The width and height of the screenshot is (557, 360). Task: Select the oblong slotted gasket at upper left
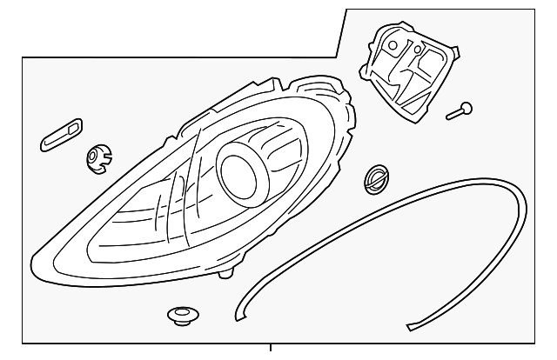pyautogui.click(x=60, y=136)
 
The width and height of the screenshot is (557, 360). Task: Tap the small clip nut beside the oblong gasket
pyautogui.click(x=97, y=157)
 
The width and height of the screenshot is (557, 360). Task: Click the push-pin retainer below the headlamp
pyautogui.click(x=180, y=314)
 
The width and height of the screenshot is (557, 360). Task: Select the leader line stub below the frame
pyautogui.click(x=272, y=351)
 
